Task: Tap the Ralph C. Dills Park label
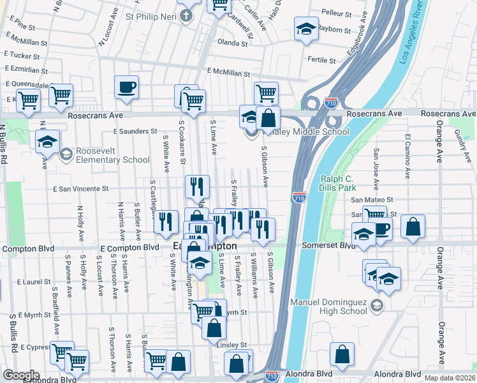coord(346,183)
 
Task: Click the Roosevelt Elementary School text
coord(103,155)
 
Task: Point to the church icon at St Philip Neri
coord(186,15)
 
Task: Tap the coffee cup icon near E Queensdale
coord(126,86)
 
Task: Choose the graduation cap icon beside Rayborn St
coord(306,29)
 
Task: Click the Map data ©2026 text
coord(450,378)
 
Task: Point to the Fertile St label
coord(321,60)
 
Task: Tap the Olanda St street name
coord(232,43)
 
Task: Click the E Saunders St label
coord(135,131)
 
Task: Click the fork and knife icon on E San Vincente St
coord(197,186)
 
